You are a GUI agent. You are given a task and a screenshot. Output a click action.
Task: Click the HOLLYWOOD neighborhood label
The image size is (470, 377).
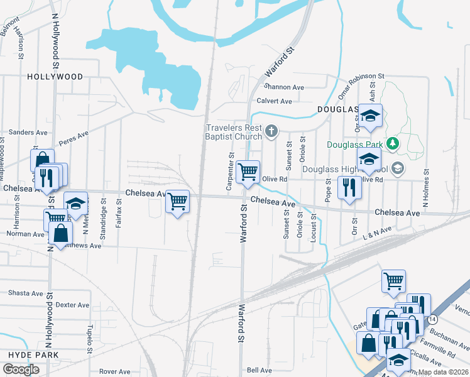point(55,77)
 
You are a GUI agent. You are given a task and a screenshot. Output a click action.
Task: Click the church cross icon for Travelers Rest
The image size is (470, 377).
point(271,131)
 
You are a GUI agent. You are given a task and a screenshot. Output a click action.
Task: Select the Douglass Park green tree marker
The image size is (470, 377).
point(393,144)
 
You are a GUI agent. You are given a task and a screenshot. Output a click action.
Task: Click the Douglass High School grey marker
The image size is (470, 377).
point(396,168)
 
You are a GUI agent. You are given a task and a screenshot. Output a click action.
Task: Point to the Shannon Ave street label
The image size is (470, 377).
point(284,87)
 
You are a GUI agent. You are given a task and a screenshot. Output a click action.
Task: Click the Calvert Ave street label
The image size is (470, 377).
point(274,101)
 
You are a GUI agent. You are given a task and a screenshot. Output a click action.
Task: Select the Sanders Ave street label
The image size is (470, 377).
point(28,133)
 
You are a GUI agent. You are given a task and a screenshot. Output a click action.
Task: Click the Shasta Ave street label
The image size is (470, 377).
point(26,293)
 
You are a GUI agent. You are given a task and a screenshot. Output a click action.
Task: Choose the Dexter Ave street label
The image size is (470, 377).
point(73,305)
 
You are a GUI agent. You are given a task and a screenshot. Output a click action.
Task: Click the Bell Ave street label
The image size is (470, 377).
point(259,370)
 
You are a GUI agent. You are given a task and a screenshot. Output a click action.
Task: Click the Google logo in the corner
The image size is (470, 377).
point(21,369)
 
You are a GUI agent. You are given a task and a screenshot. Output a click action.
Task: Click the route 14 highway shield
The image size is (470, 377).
point(432,319)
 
